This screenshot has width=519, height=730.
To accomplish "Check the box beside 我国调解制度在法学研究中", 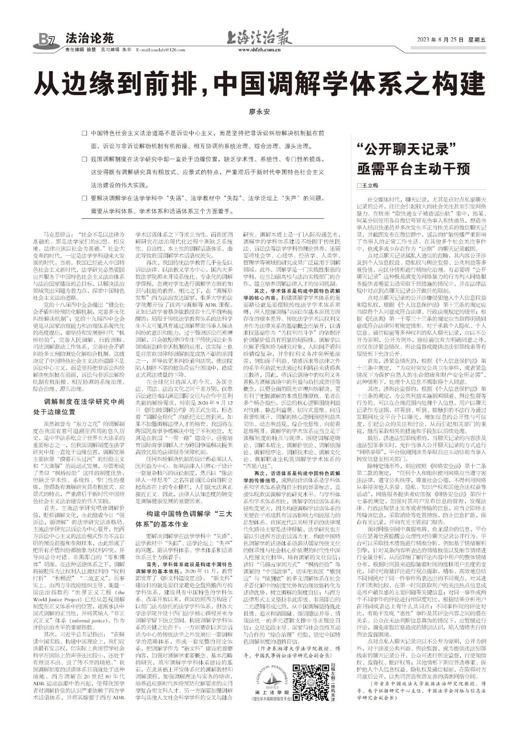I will (85, 158).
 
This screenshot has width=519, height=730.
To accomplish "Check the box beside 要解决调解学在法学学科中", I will (85, 197).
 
